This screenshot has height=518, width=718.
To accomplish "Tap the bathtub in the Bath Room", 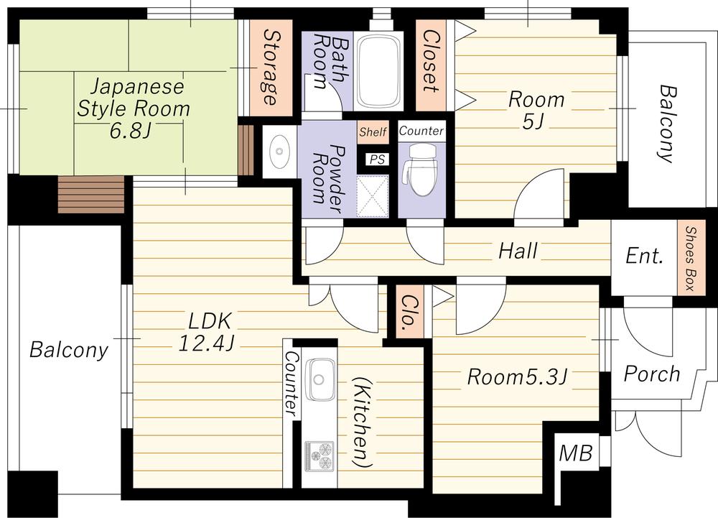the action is (x=378, y=71).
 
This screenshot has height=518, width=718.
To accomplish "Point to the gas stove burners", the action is (x=319, y=455).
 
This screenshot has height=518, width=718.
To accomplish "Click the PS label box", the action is (x=378, y=159).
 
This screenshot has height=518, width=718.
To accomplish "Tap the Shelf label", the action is (x=373, y=132).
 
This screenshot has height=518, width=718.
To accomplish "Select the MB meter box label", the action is (x=576, y=453).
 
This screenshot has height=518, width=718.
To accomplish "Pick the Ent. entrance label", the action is (x=644, y=255).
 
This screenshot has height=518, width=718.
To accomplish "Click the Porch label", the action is (x=652, y=374).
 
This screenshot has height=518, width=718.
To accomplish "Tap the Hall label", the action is (x=518, y=251).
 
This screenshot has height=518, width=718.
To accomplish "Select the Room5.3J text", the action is (x=518, y=377).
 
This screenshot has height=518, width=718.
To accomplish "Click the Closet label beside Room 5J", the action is (x=430, y=61).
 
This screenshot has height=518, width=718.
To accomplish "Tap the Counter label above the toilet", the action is (x=421, y=131).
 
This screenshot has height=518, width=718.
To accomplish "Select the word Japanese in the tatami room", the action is (x=137, y=87).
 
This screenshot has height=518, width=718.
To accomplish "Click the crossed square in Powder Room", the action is (x=372, y=195).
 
